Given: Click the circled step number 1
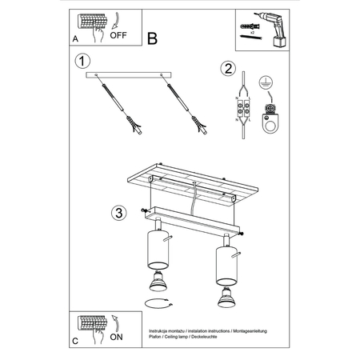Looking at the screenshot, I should tap(81, 61).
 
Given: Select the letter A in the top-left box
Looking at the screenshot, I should tap(74, 38).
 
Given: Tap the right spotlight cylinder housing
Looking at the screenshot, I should tap(223, 265).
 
